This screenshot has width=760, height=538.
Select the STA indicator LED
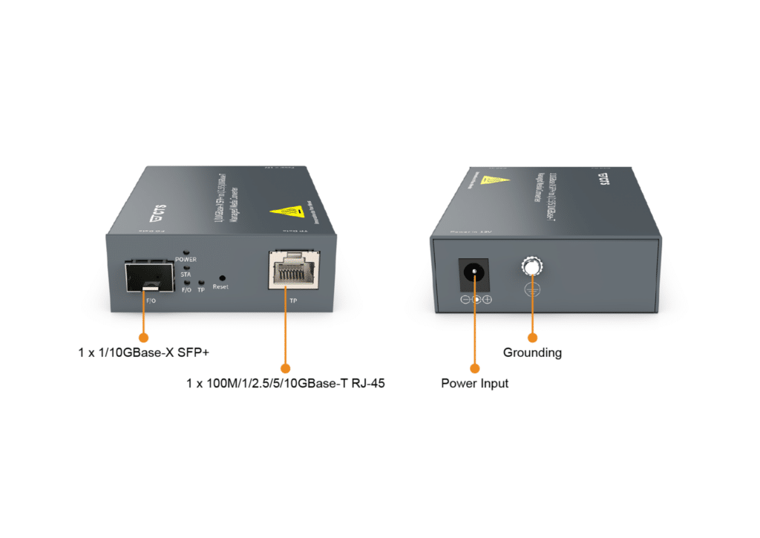[186, 268]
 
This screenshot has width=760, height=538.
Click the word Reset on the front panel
[220, 287]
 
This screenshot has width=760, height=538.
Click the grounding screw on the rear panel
[531, 267]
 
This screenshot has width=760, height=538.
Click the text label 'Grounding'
[532, 352]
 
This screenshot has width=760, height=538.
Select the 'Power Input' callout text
[474, 384]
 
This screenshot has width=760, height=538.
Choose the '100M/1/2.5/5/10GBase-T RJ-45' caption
[286, 384]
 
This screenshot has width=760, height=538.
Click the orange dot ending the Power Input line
[474, 367]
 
